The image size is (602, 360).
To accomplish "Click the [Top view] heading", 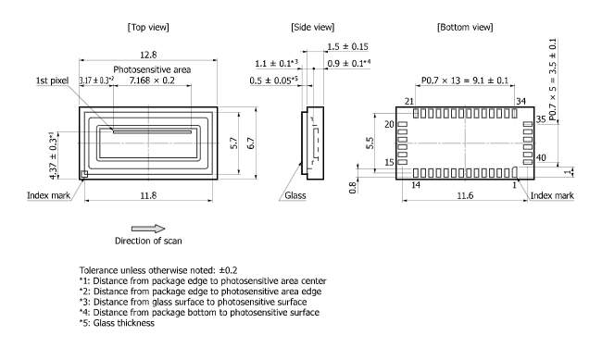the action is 148,27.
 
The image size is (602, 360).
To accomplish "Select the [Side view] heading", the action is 312,27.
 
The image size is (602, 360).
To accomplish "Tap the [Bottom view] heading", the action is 465,27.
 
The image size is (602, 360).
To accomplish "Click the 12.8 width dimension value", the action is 148,55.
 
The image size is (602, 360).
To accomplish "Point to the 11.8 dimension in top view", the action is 148,196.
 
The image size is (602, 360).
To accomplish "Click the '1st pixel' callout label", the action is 52,81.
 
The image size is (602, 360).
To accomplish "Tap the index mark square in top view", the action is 83,174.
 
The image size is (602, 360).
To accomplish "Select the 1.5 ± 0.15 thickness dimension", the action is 347,47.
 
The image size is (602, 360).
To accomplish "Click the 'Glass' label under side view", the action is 295,196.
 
